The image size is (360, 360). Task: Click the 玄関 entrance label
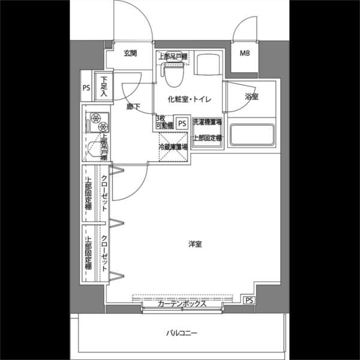pyautogui.click(x=131, y=53)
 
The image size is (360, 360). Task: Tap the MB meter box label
pyautogui.click(x=245, y=53)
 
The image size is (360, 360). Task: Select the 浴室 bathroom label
pyautogui.click(x=251, y=97)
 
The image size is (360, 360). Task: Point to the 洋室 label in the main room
pyautogui.click(x=194, y=244)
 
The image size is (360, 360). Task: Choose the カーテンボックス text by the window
pyautogui.click(x=182, y=304)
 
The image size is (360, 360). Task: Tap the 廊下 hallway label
pyautogui.click(x=133, y=107)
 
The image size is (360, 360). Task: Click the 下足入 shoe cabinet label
pyautogui.click(x=104, y=88)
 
